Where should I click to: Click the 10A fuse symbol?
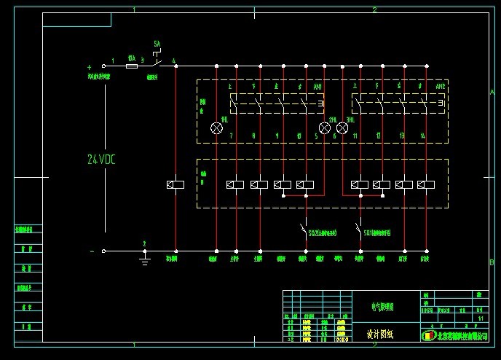pyautogui.click(x=131, y=66)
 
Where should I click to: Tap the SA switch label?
pyautogui.click(x=157, y=44)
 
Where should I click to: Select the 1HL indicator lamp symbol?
pyautogui.click(x=216, y=128)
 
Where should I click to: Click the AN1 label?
pyautogui.click(x=317, y=87)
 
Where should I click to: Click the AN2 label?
pyautogui.click(x=440, y=87)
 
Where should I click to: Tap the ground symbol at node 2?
pyautogui.click(x=145, y=254)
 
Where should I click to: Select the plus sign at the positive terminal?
pyautogui.click(x=90, y=66)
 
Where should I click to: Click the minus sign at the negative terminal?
pyautogui.click(x=92, y=251)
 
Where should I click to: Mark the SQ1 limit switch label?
pyautogui.click(x=379, y=233)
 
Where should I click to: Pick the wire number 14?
pyautogui.click(x=422, y=136)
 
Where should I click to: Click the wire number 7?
pyautogui.click(x=231, y=136)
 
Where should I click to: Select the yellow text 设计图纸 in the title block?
pyautogui.click(x=379, y=335)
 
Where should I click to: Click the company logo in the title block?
pyautogui.click(x=427, y=335)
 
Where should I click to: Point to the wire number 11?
pyautogui.click(x=355, y=136)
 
